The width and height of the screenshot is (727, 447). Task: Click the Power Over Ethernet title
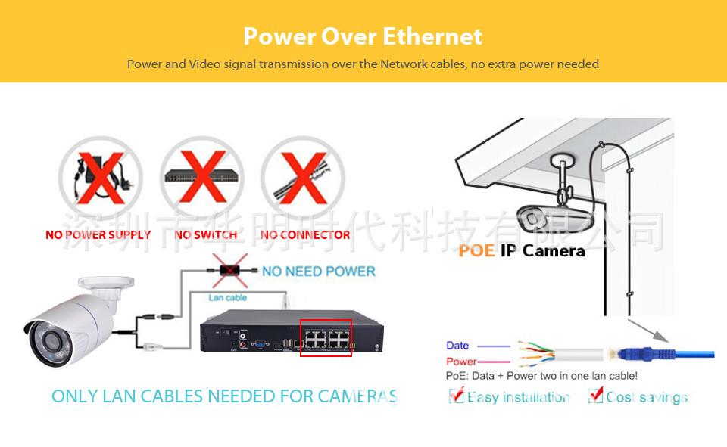tap(363, 36)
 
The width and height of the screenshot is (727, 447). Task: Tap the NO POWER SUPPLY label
tap(98, 235)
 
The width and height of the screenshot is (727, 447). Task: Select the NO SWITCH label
tap(205, 235)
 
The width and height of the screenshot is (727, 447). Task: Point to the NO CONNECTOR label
tap(305, 235)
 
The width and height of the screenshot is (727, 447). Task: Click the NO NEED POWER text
tap(319, 271)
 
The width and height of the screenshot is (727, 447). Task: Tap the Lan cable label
tap(227, 298)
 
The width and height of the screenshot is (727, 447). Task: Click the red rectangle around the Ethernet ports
tap(326, 338)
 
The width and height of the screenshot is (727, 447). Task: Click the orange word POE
tap(476, 251)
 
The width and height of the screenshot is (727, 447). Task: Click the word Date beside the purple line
tap(457, 346)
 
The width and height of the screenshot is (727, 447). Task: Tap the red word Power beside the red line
tap(461, 362)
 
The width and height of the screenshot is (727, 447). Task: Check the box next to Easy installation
tap(456, 396)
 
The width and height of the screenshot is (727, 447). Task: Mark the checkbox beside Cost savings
tap(595, 396)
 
